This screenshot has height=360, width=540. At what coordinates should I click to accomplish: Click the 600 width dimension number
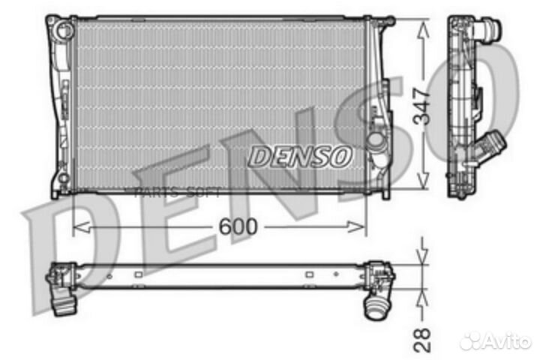239,225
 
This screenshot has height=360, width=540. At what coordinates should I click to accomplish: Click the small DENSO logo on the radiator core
299,156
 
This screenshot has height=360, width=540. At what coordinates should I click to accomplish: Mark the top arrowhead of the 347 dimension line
424,28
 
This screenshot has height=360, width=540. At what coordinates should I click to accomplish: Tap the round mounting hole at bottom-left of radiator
63,179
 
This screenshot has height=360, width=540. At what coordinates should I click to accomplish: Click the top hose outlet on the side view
491,31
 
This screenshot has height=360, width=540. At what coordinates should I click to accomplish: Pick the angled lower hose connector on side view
490,144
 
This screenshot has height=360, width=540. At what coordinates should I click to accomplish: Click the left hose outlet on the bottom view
64,303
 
